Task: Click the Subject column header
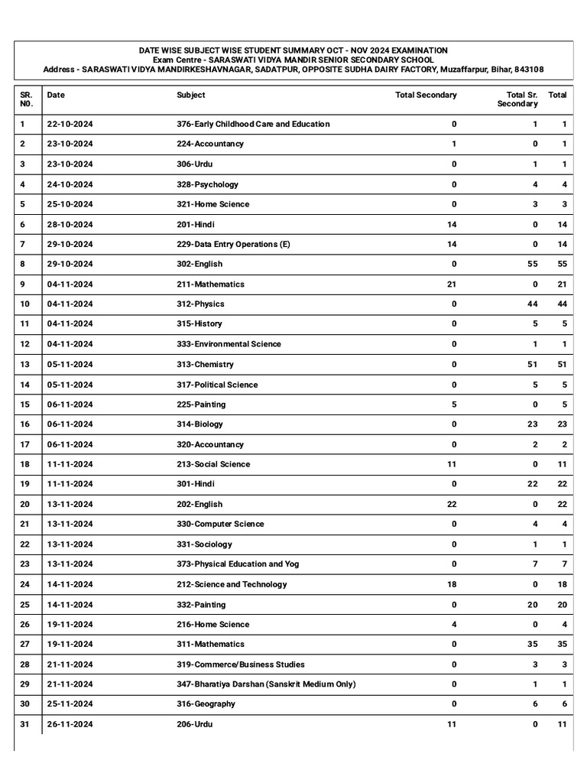(190, 96)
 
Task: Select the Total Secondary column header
(426, 96)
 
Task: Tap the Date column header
(56, 96)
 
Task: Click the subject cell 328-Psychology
(207, 184)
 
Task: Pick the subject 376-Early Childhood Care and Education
(253, 124)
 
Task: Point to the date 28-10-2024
(70, 225)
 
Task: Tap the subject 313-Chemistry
(205, 365)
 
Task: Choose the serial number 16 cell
(24, 424)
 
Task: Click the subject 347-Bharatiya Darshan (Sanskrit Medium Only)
(265, 684)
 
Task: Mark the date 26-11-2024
(70, 724)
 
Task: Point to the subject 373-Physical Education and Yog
(238, 564)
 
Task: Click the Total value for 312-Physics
(562, 304)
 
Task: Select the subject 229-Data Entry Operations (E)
(233, 245)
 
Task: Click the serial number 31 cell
(24, 724)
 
